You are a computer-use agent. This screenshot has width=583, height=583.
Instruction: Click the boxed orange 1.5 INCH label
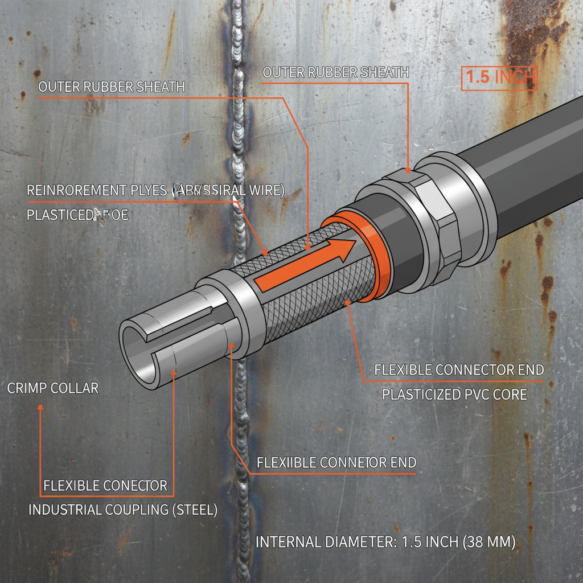(x=499, y=78)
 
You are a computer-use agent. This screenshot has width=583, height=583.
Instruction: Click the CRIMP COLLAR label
(x=53, y=388)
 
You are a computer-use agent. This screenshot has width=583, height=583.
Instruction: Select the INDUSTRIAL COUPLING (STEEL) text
(x=123, y=510)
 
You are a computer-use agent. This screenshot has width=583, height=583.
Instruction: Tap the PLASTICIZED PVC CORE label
(x=454, y=394)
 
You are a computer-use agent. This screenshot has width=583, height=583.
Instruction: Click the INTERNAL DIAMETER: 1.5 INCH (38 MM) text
(x=385, y=542)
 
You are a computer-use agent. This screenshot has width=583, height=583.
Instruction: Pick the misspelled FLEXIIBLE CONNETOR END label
(x=336, y=462)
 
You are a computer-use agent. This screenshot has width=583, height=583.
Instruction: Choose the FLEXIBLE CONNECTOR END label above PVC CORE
(x=459, y=369)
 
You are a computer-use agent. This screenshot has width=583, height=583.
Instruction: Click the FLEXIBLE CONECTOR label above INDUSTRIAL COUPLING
(x=105, y=486)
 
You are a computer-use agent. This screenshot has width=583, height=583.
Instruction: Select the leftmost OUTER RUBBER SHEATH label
(x=112, y=87)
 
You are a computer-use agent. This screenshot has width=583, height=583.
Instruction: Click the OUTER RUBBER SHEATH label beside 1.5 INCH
(x=336, y=72)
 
